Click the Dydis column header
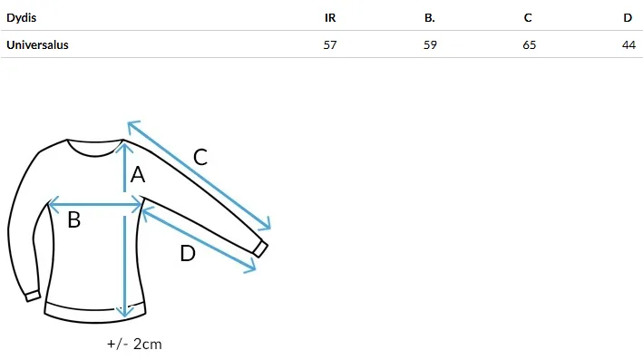click(x=22, y=18)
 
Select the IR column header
click(x=330, y=18)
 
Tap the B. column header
click(x=429, y=18)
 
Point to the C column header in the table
click(x=528, y=18)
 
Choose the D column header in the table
click(x=628, y=18)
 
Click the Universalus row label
click(x=37, y=44)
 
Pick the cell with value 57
click(x=330, y=44)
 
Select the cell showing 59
click(x=430, y=44)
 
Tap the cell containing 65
click(x=530, y=44)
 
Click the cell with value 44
click(x=628, y=44)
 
